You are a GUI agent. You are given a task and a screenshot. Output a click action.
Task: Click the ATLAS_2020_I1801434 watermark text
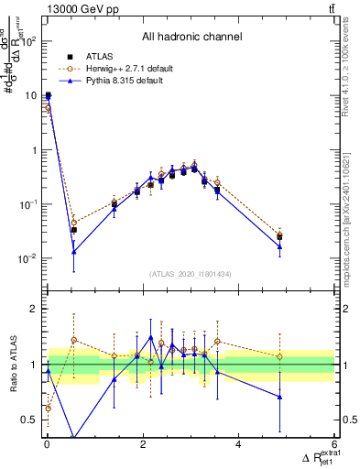[x=191, y=274]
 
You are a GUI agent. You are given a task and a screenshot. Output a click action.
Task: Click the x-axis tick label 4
[x=238, y=445]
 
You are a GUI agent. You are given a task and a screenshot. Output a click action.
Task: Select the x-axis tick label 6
[x=334, y=445]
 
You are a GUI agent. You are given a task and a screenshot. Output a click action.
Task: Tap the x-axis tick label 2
[x=143, y=445]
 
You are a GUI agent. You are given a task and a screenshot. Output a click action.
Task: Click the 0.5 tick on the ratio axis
[x=29, y=420]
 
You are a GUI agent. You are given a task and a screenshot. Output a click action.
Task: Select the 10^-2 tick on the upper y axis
[x=27, y=258]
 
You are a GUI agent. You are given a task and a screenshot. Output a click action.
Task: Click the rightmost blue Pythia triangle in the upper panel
[x=279, y=247]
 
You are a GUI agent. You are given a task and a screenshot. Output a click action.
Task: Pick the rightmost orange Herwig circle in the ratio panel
[x=279, y=356]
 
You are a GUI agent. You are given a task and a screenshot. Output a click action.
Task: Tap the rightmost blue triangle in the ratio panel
[x=279, y=397]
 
